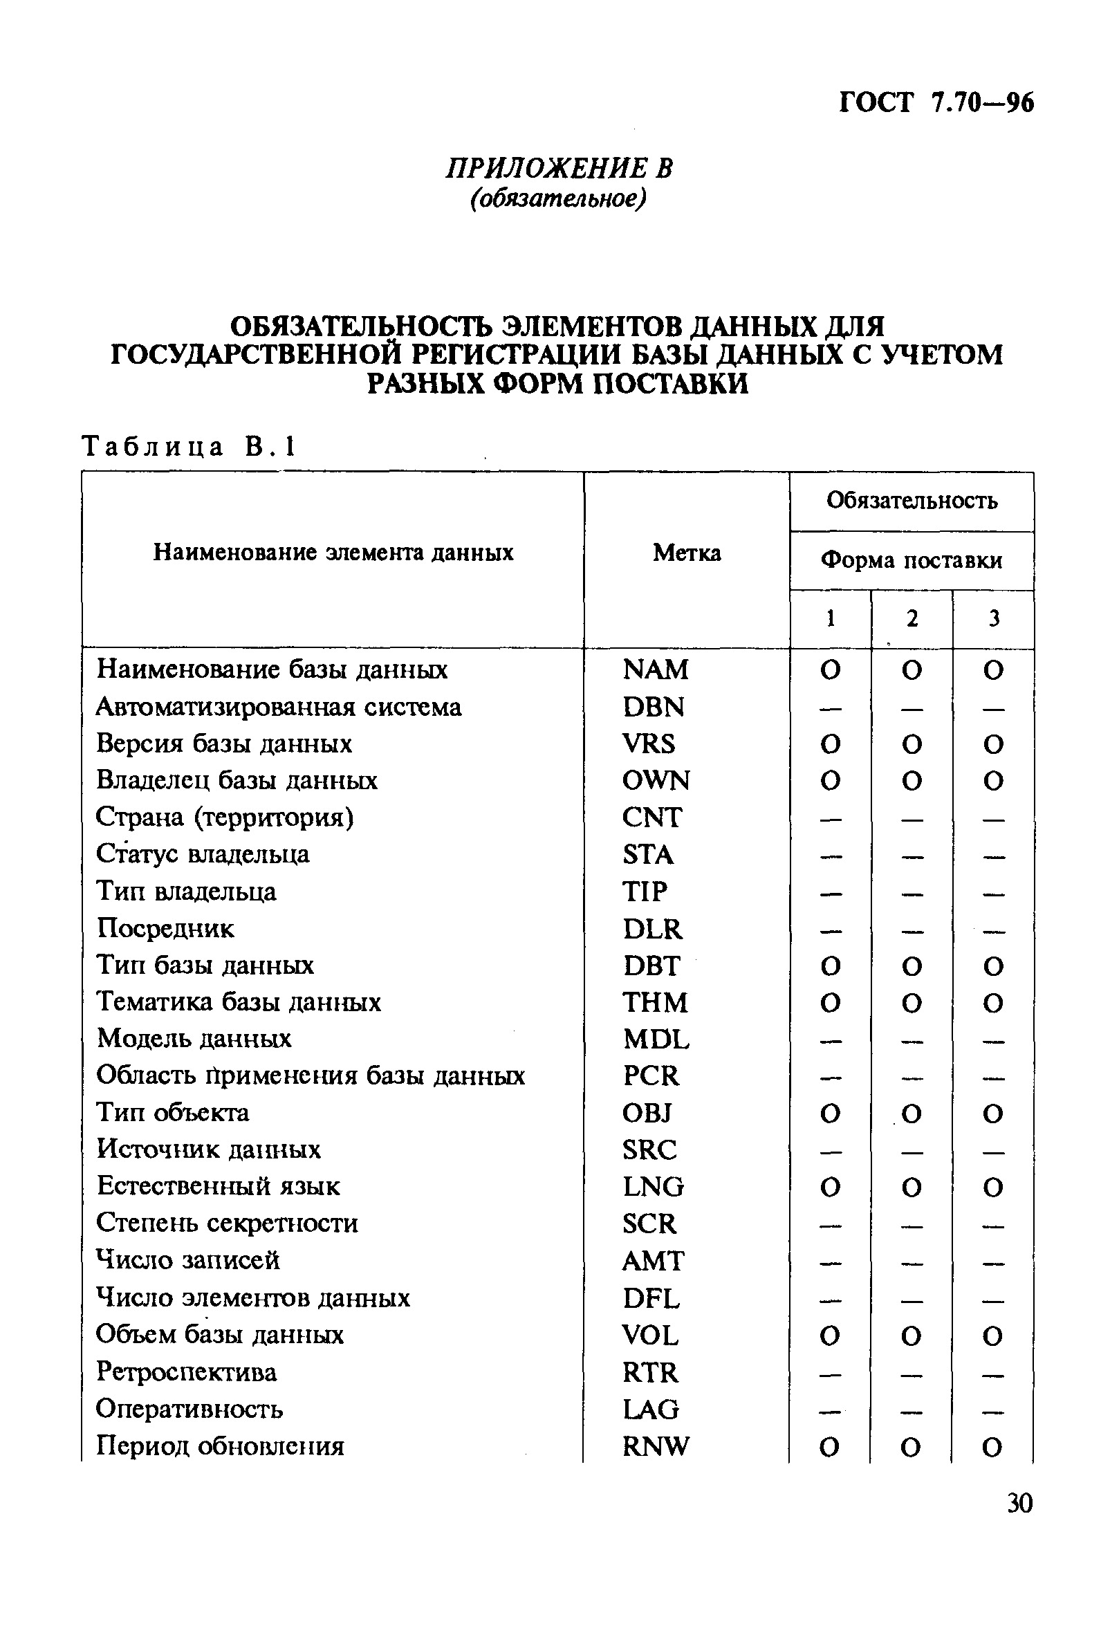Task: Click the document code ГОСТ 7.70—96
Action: pyautogui.click(x=935, y=103)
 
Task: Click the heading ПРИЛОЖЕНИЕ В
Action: pyautogui.click(x=559, y=167)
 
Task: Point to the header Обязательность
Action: pyautogui.click(x=912, y=501)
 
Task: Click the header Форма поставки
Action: pyautogui.click(x=912, y=560)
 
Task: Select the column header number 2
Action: pyautogui.click(x=912, y=618)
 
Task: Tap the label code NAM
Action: pyautogui.click(x=655, y=669)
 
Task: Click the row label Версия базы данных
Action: pyautogui.click(x=223, y=744)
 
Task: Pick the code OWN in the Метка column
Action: pyautogui.click(x=656, y=780)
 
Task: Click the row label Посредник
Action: pyautogui.click(x=165, y=928)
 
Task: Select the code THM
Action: pyautogui.click(x=655, y=1002)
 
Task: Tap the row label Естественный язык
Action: pyautogui.click(x=218, y=1186)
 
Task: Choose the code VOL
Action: pyautogui.click(x=650, y=1335)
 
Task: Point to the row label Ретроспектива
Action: pyautogui.click(x=186, y=1372)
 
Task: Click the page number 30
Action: pyautogui.click(x=1019, y=1502)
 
